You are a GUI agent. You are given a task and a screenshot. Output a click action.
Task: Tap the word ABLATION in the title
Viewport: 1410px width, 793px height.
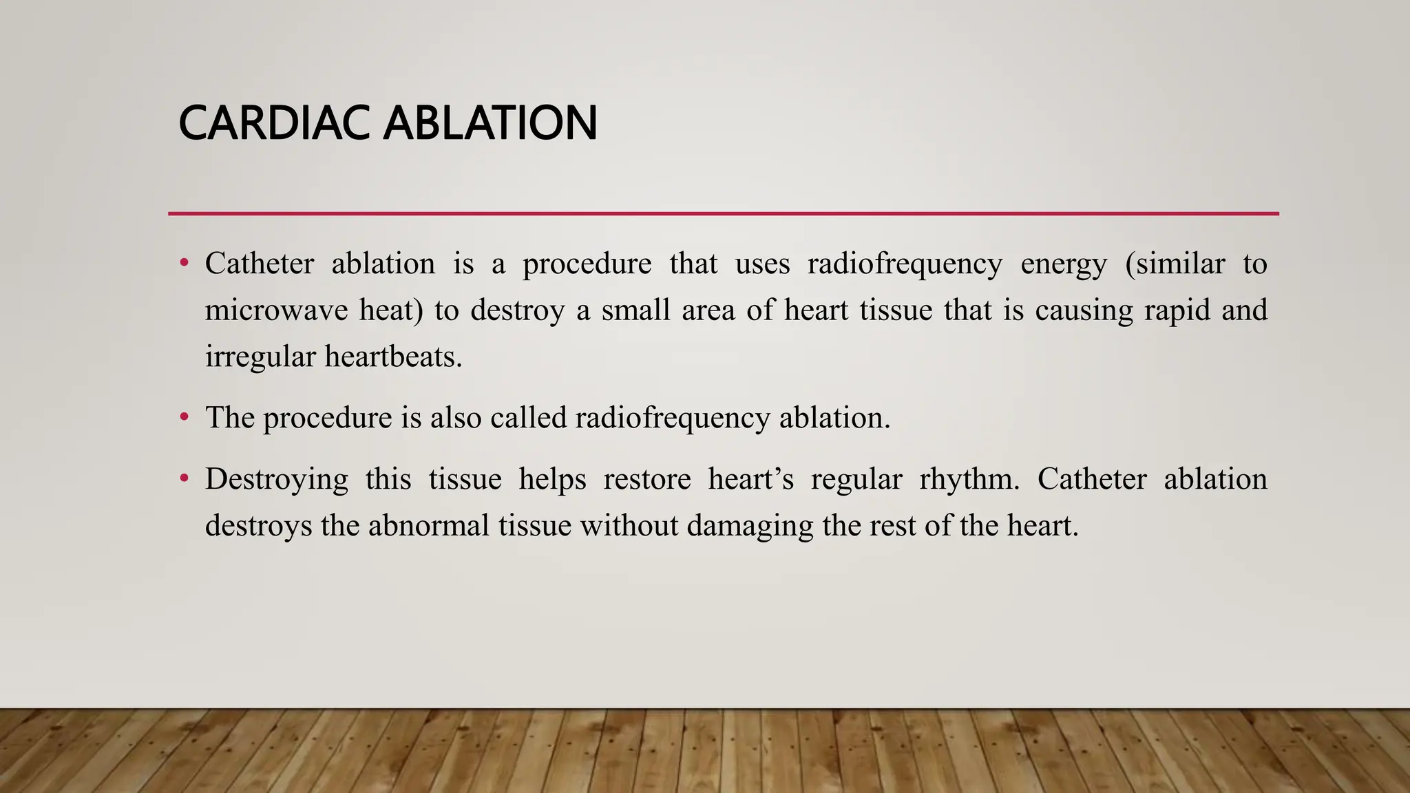tap(490, 123)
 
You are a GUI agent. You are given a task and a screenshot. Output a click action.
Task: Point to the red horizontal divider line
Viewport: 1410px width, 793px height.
tap(723, 213)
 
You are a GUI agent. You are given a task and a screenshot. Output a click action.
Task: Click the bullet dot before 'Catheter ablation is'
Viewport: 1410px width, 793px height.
tap(184, 264)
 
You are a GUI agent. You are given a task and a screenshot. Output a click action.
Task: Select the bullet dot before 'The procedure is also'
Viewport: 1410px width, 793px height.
tap(184, 417)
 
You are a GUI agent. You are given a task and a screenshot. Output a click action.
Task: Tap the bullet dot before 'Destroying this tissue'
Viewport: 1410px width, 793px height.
tap(184, 478)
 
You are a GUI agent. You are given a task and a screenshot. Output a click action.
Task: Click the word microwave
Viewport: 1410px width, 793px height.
tap(276, 310)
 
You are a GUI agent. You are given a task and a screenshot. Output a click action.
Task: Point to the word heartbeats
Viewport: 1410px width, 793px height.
tap(393, 356)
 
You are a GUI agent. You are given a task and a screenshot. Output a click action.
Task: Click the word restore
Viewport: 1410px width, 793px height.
tap(647, 478)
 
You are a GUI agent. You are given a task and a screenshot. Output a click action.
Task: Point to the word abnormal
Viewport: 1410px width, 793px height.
tap(428, 525)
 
